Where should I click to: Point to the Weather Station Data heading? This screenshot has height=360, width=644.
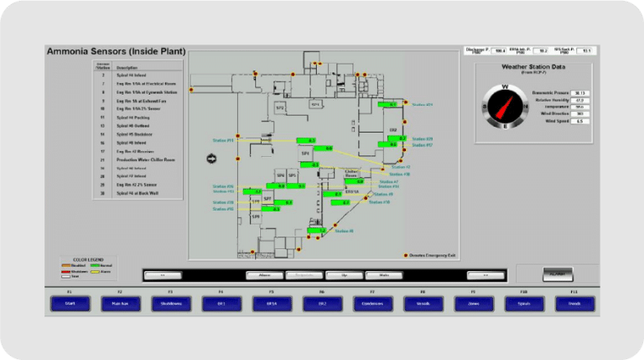click(532, 66)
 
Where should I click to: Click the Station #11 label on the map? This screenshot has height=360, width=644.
click(223, 140)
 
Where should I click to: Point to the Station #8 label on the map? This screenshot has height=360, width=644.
click(345, 231)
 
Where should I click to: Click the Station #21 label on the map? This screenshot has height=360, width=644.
click(422, 105)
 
